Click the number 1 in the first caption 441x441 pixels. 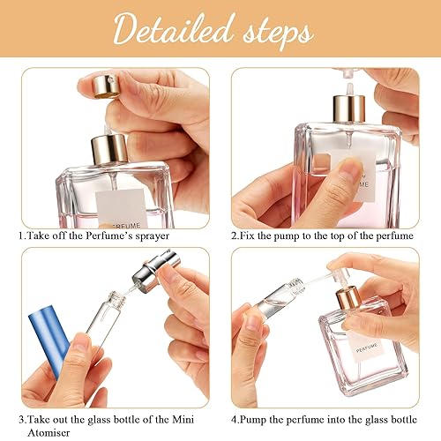pos(20,237)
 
